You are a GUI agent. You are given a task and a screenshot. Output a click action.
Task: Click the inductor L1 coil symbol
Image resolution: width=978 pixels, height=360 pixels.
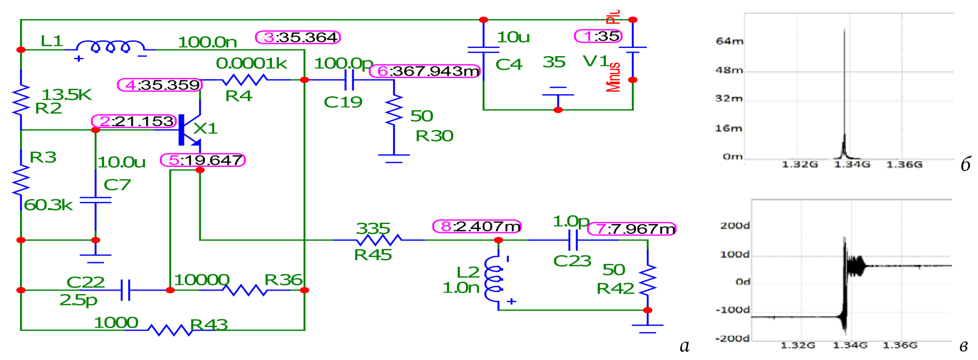pos(110,48)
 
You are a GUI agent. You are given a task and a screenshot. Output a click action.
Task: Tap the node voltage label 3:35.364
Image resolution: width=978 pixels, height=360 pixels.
pos(298,38)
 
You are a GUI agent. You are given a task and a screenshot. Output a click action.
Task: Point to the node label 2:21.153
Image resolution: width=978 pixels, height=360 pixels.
pos(134,122)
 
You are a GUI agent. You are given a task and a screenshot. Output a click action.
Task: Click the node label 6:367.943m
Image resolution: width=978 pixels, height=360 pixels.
pos(425,71)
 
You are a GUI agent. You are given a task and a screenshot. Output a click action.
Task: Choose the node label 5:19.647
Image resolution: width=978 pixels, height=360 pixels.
pos(203,160)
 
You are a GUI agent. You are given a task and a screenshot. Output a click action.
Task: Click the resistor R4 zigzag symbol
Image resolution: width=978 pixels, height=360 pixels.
pos(245,80)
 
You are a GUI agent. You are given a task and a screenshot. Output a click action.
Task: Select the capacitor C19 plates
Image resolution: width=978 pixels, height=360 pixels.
pos(349,80)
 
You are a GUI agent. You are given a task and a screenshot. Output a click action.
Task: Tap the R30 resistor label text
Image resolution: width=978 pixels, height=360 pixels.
pos(434,136)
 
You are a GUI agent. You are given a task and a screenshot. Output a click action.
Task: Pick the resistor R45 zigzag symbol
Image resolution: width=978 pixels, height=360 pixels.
pos(379,240)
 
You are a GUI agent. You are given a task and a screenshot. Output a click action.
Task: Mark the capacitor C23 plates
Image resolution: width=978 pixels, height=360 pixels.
pos(573,240)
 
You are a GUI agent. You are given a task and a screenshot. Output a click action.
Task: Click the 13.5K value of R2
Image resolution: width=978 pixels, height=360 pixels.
pos(66,95)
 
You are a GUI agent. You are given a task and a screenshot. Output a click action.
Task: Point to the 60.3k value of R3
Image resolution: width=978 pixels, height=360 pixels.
pos(48,205)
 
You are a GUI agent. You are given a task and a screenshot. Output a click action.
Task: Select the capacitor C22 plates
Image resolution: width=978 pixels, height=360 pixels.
pos(125,290)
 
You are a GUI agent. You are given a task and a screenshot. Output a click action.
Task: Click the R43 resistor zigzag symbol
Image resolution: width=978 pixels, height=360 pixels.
pos(170,330)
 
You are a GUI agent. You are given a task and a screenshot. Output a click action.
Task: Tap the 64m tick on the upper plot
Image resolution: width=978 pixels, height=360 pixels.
pos(730,41)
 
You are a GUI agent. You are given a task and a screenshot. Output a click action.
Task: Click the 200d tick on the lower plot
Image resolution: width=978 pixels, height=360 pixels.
pos(735,226)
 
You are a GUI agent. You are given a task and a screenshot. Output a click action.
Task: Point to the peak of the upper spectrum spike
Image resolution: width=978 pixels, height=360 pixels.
pos(844,31)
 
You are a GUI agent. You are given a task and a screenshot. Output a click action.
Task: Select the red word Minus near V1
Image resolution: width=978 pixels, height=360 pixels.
pos(613,77)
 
